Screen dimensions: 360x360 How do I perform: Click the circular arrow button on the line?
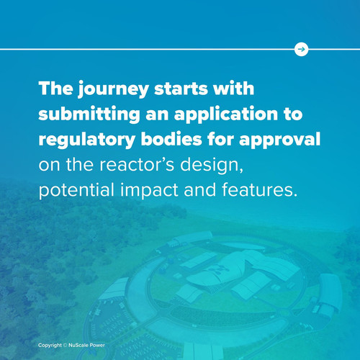click(301, 49)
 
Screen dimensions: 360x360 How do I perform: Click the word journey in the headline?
click(113, 89)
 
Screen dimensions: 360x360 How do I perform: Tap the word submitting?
click(89, 114)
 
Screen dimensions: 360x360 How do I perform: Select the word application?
click(226, 114)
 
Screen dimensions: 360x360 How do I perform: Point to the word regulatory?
click(86, 140)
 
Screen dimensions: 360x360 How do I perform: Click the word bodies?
click(171, 139)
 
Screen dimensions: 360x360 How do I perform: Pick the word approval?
click(279, 140)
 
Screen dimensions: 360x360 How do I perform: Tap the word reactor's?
click(137, 164)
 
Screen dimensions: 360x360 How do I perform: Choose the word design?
click(212, 166)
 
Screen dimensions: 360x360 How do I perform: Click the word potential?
click(76, 190)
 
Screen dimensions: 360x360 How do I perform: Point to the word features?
click(259, 189)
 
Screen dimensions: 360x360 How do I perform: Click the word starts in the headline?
click(181, 89)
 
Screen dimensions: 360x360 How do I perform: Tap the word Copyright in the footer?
click(50, 346)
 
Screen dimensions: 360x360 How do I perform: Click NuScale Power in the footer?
click(86, 345)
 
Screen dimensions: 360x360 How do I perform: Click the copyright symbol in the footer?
click(65, 345)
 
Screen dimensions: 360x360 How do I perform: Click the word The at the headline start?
click(55, 89)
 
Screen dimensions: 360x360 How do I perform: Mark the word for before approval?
click(220, 139)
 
